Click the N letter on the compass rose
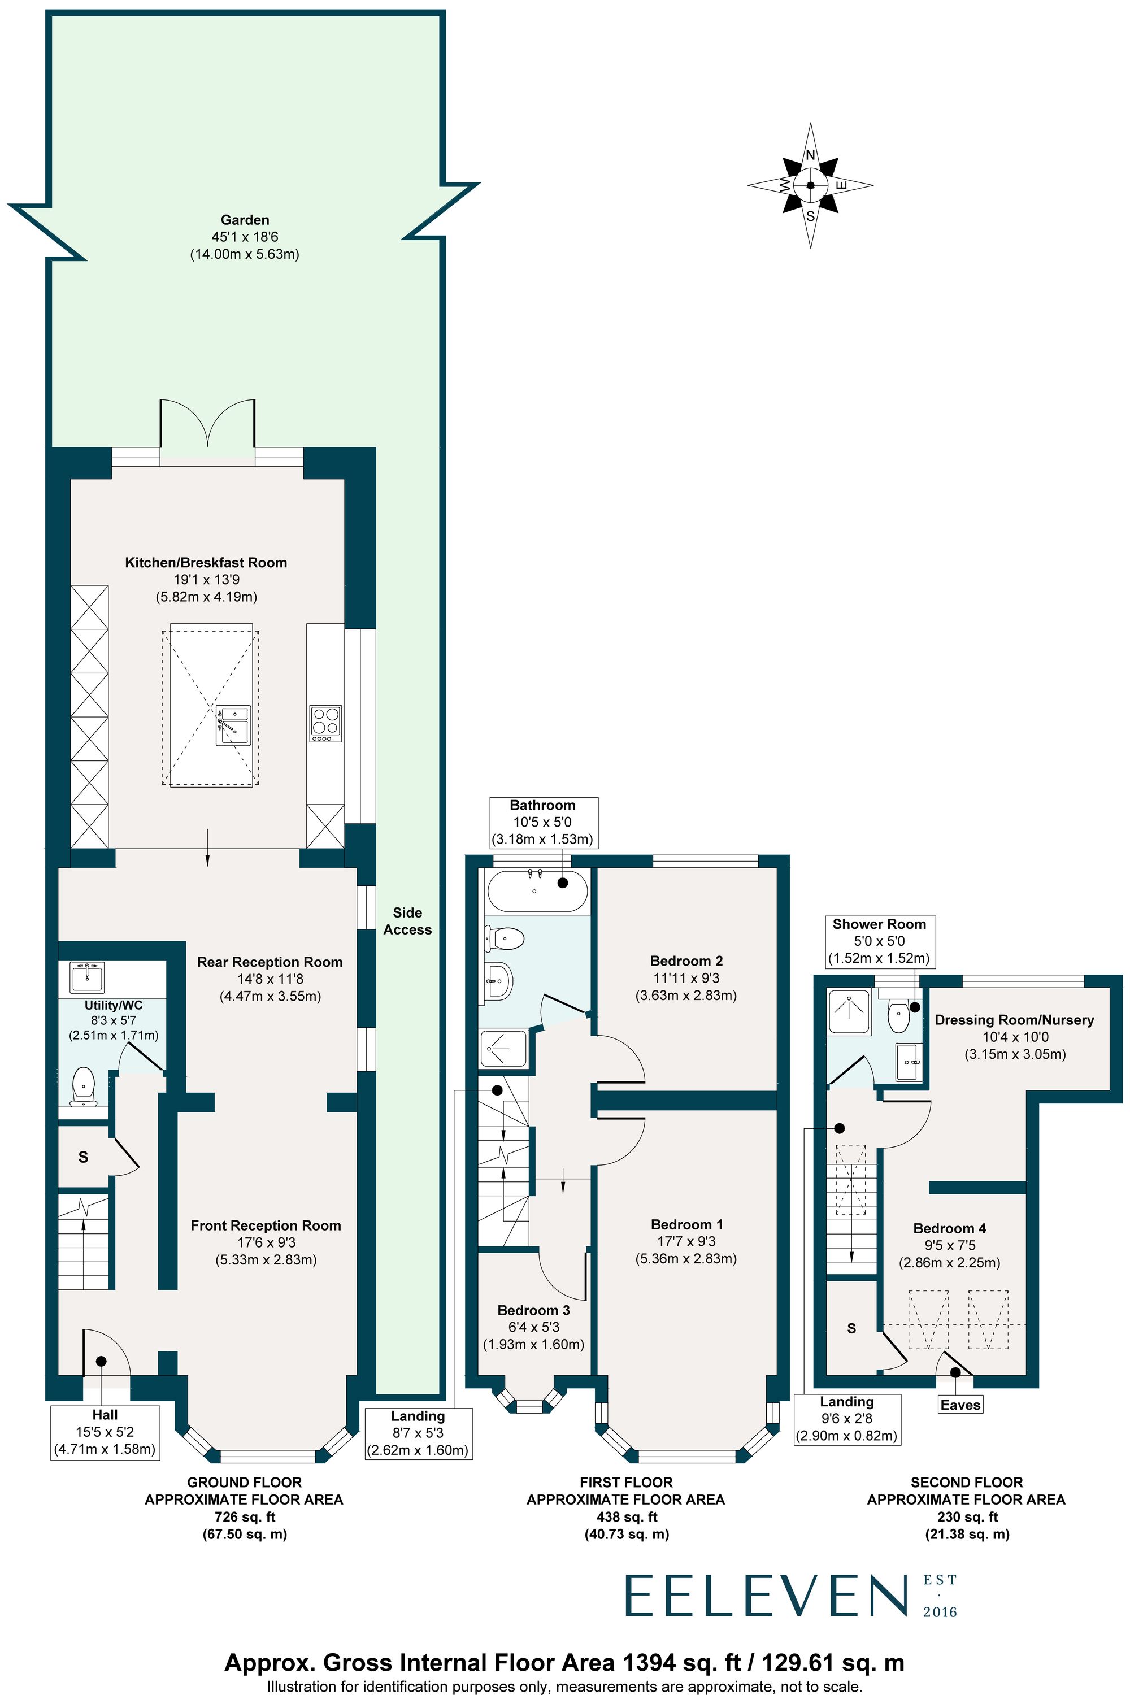(810, 155)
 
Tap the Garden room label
(245, 220)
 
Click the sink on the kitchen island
(233, 724)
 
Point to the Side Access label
(407, 921)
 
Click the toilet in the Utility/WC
(84, 1086)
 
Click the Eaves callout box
(960, 1404)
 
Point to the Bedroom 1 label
(686, 1224)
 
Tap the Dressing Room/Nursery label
(1014, 1020)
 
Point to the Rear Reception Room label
(270, 962)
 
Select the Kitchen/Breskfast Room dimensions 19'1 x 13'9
(206, 580)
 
